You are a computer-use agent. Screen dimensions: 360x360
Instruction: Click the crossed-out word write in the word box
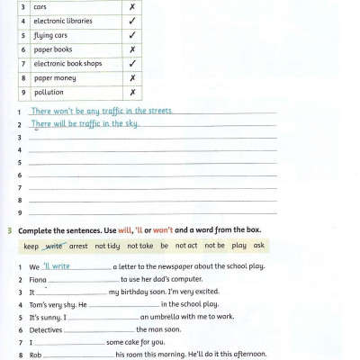pos(54,245)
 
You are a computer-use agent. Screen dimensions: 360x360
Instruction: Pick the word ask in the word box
pos(259,245)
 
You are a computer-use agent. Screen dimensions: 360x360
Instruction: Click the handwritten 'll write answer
pos(57,266)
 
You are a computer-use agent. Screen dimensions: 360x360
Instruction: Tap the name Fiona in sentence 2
pos(39,280)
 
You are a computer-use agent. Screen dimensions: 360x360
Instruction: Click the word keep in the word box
pos(31,245)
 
